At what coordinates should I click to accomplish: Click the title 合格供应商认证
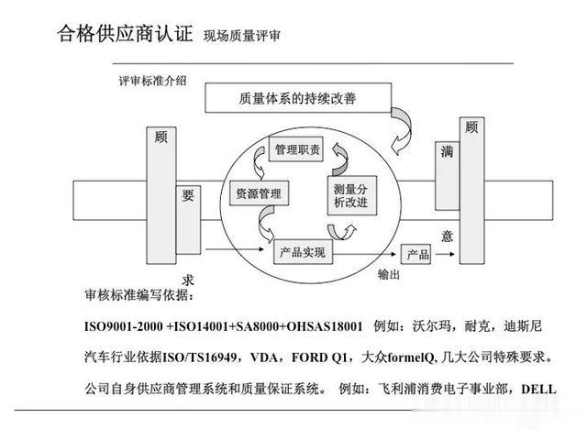click(125, 34)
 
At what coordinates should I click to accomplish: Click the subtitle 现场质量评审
click(242, 36)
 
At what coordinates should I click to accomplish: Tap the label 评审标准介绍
click(152, 81)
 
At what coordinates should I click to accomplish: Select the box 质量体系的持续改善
click(298, 98)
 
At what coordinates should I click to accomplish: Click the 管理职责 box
click(296, 149)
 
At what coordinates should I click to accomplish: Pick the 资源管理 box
click(259, 193)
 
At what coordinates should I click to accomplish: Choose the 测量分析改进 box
click(352, 195)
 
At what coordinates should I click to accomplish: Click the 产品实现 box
click(303, 252)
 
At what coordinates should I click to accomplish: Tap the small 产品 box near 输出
click(415, 255)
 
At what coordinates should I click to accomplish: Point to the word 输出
click(388, 275)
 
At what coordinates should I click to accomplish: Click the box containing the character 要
click(188, 220)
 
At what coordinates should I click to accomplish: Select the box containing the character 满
click(447, 176)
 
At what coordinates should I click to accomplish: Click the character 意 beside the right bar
click(447, 236)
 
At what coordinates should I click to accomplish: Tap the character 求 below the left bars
click(187, 280)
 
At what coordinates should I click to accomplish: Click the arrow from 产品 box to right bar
click(445, 254)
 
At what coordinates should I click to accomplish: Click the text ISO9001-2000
click(124, 326)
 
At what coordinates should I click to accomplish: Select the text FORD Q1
click(319, 357)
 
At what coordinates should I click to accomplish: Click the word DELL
click(538, 389)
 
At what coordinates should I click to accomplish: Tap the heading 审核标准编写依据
click(139, 295)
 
